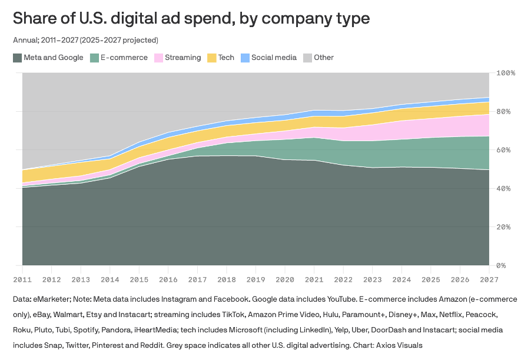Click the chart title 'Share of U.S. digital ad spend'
[x=191, y=18]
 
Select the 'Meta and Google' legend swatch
[x=17, y=58]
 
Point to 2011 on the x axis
[x=22, y=279]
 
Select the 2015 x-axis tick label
[x=139, y=279]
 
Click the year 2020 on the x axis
[x=285, y=279]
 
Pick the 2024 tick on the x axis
[x=401, y=279]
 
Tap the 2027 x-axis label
[x=489, y=279]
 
